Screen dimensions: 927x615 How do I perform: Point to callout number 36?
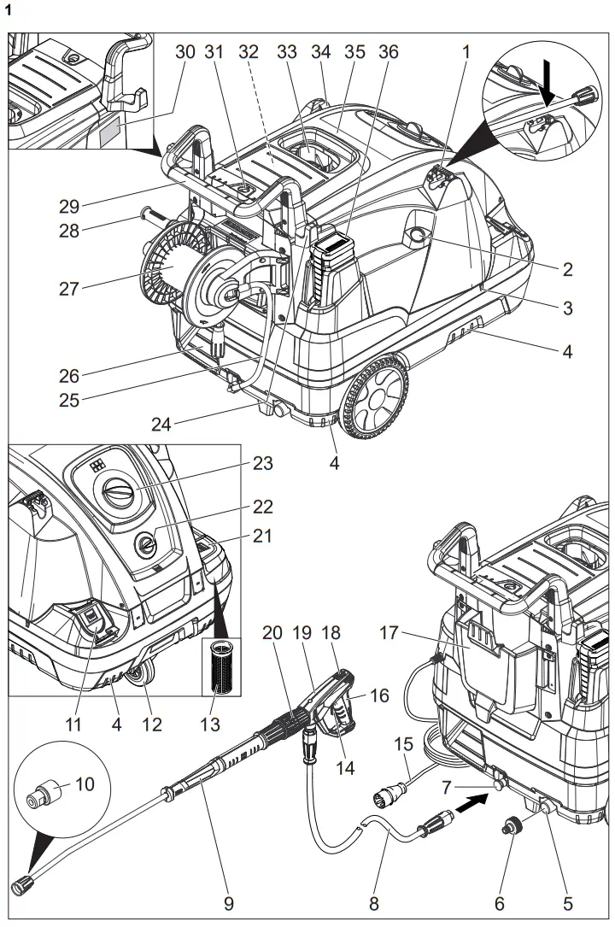point(389,52)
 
